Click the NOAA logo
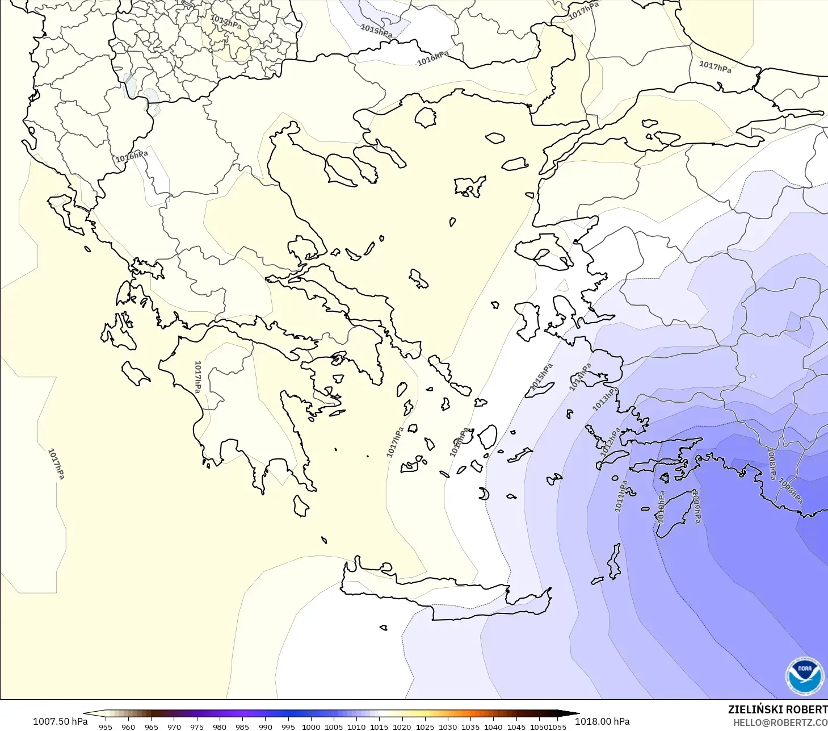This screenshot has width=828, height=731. click(x=804, y=675)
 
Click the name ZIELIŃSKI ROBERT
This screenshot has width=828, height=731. click(x=777, y=710)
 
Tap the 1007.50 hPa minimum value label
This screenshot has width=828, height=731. click(x=60, y=721)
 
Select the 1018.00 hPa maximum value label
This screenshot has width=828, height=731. click(x=602, y=721)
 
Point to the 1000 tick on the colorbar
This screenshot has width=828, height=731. click(x=311, y=726)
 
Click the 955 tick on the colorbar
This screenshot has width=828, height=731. click(x=106, y=726)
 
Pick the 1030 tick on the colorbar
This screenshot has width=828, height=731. click(x=448, y=726)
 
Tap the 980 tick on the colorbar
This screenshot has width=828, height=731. click(x=220, y=726)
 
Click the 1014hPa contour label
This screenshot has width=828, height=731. click(x=580, y=377)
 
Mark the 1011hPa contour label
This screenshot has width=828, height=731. click(x=621, y=496)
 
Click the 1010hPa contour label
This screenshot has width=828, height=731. click(x=661, y=507)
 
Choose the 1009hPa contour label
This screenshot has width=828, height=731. click(x=696, y=506)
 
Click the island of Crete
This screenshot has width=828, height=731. click(x=443, y=596)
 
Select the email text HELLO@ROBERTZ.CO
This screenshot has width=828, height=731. click(x=780, y=723)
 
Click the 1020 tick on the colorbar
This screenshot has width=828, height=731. click(x=402, y=726)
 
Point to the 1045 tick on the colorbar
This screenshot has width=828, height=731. click(x=516, y=726)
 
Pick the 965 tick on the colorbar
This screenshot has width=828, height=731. click(x=151, y=726)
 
